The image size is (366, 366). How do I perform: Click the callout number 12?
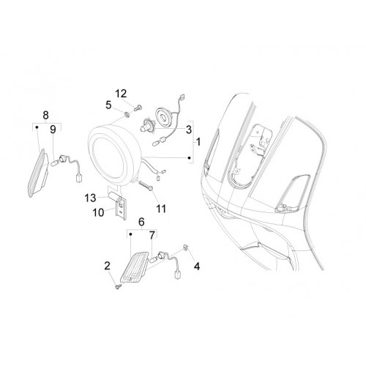pos(121,94)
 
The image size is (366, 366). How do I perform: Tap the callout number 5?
pos(108,105)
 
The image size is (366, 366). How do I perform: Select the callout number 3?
pos(189,130)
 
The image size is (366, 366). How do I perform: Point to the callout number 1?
pos(198,142)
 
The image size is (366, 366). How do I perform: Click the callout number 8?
pos(46,115)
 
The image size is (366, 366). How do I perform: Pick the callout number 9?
pos(53,130)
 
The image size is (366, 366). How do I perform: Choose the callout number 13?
pos(90,198)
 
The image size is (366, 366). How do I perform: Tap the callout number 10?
pos(99,213)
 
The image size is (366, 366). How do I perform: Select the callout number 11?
pos(161,209)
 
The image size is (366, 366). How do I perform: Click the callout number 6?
pos(141,222)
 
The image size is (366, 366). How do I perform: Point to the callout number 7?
pos(152,236)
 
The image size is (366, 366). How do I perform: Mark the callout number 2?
pos(108,266)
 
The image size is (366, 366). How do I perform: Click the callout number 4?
pos(197,266)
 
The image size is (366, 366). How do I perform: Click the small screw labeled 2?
pos(119,287)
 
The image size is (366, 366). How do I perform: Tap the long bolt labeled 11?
pos(146,185)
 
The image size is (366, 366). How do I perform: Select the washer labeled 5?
pos(127,114)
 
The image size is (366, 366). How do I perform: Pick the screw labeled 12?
pos(138,108)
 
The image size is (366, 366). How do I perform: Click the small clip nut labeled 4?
pos(185,247)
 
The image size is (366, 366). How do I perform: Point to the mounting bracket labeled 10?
pos(122,208)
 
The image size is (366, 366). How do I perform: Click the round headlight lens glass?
pos(108,158)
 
